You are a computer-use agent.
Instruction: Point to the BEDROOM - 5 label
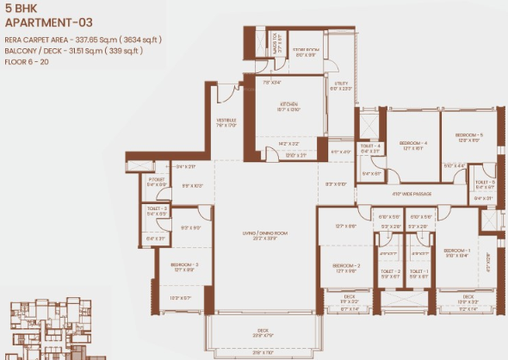468,135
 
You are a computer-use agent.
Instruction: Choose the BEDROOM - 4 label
413,142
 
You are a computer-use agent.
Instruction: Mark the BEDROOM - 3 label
185,264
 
